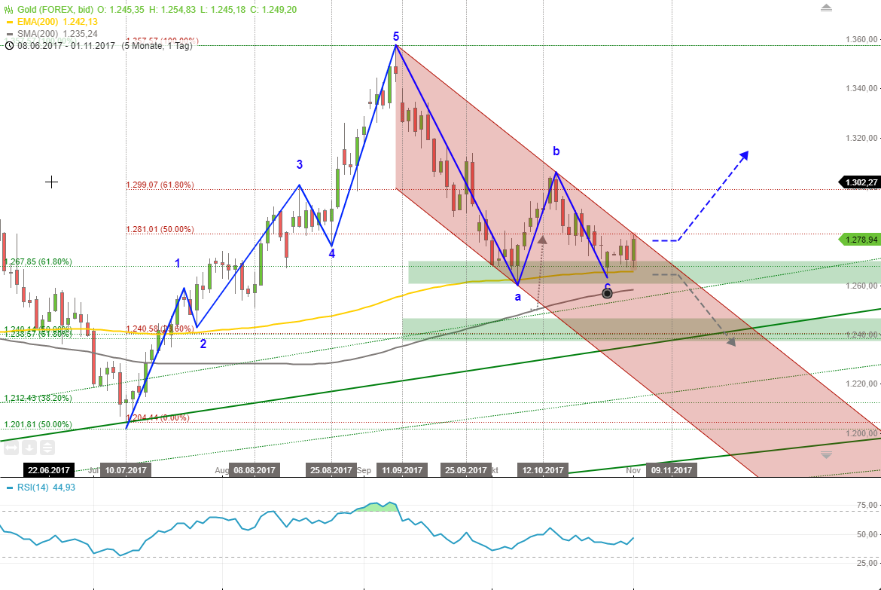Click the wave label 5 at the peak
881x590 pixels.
396,35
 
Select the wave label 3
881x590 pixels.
300,164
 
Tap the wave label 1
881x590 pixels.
178,263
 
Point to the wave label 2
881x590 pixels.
203,344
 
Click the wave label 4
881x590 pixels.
331,253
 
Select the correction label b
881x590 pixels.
556,151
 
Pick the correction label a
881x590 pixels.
517,297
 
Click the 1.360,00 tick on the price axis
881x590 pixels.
861,40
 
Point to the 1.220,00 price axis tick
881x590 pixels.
861,384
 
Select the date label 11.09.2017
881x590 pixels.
401,470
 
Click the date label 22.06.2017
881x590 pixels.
49,470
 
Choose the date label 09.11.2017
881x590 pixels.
672,470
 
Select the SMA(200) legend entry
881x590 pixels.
49,34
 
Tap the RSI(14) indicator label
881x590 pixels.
45,488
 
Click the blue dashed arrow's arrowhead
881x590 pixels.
745,154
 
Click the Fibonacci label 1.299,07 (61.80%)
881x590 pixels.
160,185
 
